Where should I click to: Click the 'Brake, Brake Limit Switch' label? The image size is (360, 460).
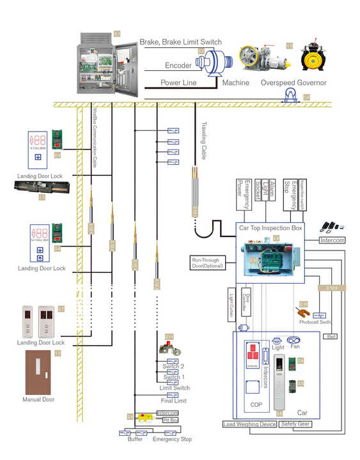click(181, 42)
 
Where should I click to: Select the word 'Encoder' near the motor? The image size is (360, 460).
click(178, 66)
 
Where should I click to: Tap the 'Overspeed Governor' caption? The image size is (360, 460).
click(293, 83)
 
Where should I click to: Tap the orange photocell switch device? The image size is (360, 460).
click(304, 314)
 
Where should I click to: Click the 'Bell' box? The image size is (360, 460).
click(331, 336)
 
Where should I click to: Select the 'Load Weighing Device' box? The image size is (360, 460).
click(249, 424)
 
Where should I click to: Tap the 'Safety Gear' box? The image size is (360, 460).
click(295, 424)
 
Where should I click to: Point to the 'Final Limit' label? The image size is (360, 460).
click(173, 401)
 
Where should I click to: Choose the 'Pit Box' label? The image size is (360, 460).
click(170, 420)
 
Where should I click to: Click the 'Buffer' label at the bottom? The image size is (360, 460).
click(134, 440)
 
